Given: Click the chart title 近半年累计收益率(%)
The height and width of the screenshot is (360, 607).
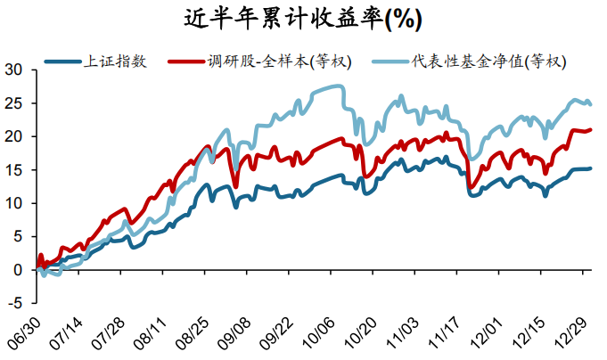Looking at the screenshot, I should pos(303,18).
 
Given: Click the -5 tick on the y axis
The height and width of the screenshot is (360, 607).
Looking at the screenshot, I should pos(15,303).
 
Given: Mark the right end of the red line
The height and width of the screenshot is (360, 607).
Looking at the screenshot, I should pos(591,129).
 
